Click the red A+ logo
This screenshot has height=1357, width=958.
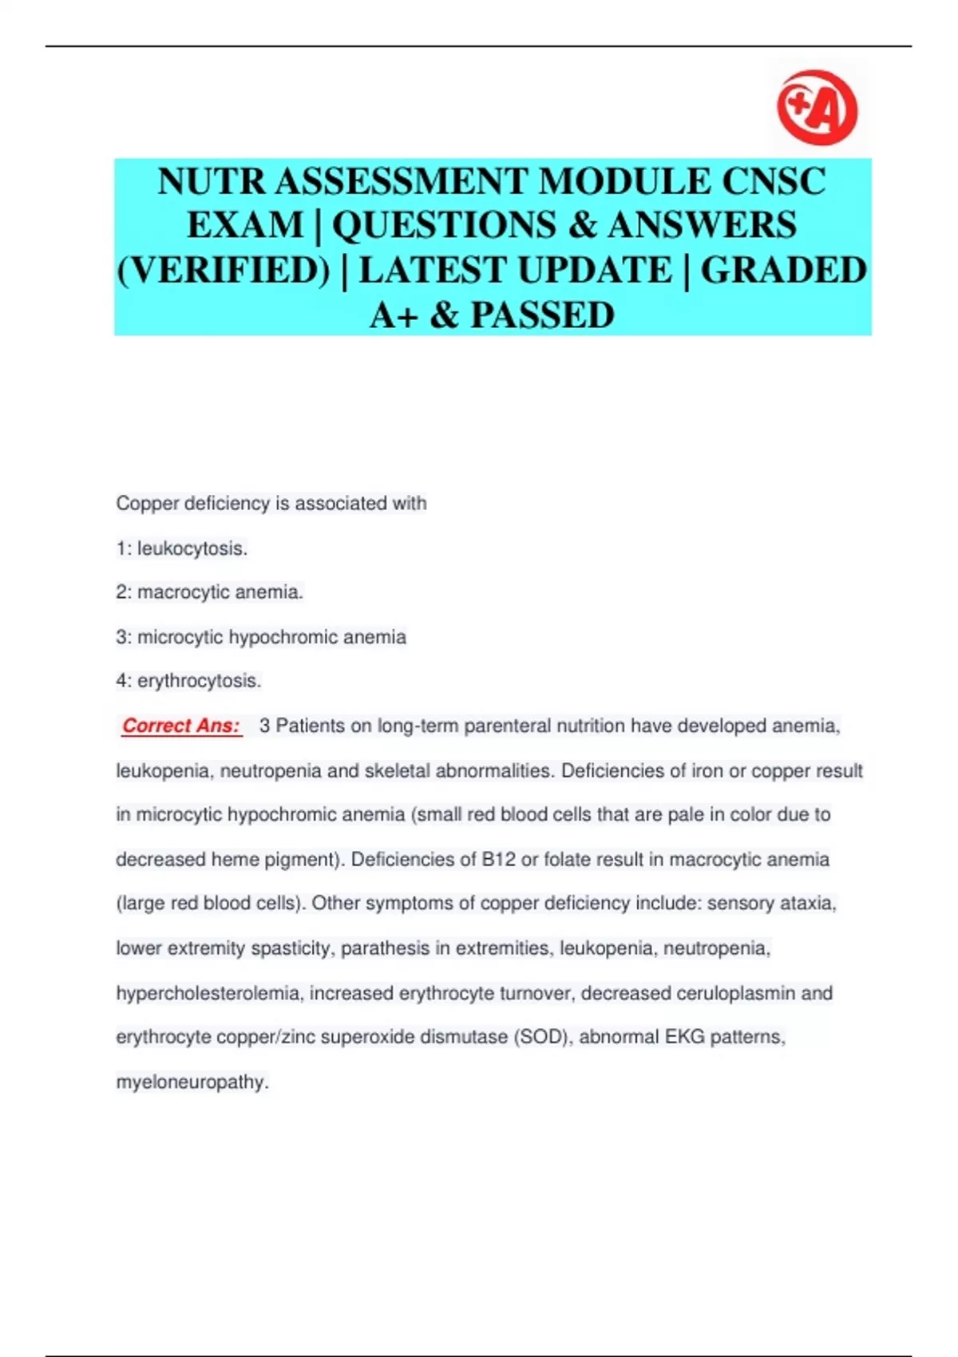(817, 108)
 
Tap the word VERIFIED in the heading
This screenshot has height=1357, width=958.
(224, 270)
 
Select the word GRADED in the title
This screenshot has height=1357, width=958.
(783, 270)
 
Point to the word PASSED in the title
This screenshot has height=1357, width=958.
(542, 315)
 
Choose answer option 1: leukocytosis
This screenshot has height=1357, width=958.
(182, 548)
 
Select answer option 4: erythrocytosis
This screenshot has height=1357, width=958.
(188, 681)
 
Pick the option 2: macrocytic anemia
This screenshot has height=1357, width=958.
(209, 592)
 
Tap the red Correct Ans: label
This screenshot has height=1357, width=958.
(181, 726)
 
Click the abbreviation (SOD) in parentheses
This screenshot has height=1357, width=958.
(542, 1037)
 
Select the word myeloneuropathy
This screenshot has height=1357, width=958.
(192, 1082)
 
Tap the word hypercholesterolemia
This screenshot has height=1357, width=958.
(208, 993)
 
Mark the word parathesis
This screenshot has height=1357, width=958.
(385, 948)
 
